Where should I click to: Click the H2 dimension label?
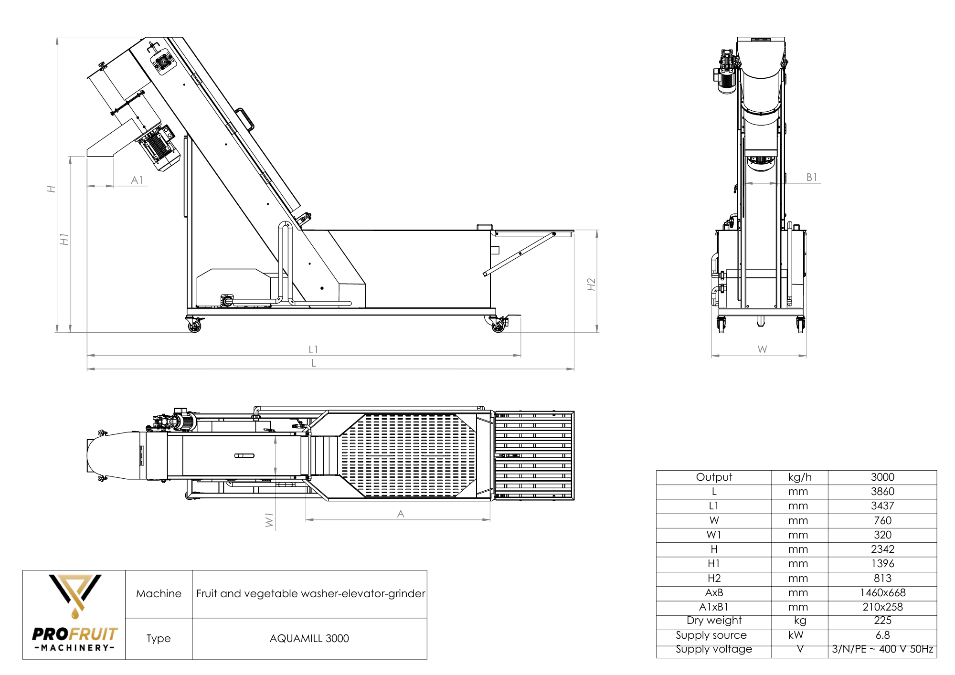pyautogui.click(x=591, y=284)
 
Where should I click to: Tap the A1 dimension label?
pyautogui.click(x=137, y=180)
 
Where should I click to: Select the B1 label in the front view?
pyautogui.click(x=812, y=178)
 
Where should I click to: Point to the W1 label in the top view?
pyautogui.click(x=269, y=520)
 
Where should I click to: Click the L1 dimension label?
pyautogui.click(x=313, y=349)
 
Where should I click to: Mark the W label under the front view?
pyautogui.click(x=762, y=349)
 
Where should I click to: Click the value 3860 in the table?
pyautogui.click(x=882, y=492)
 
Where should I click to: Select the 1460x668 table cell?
pyautogui.click(x=882, y=593)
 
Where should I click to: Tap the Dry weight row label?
pyautogui.click(x=714, y=621)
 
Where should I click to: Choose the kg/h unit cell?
pyautogui.click(x=799, y=477)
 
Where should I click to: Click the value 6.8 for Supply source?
pyautogui.click(x=882, y=635)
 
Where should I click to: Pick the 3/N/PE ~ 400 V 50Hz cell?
pyautogui.click(x=882, y=649)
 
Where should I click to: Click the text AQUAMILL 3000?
pyautogui.click(x=309, y=639)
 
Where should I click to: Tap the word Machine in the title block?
pyautogui.click(x=159, y=594)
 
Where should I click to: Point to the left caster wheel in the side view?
pyautogui.click(x=194, y=326)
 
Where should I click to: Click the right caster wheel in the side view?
pyautogui.click(x=498, y=326)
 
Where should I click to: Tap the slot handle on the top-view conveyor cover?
pyautogui.click(x=244, y=456)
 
